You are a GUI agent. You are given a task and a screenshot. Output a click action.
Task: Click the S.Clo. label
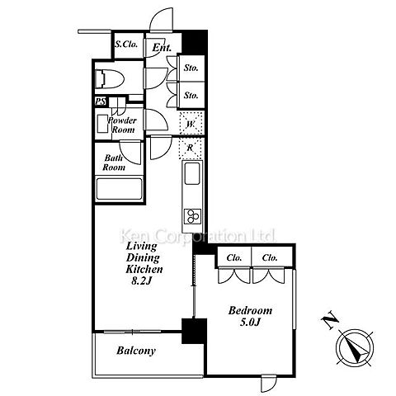126,45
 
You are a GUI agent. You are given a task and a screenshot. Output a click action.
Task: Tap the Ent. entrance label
162,48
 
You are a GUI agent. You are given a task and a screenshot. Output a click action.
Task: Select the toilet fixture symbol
110,79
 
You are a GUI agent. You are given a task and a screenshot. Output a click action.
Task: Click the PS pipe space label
101,101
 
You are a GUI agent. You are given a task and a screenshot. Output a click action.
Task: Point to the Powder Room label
122,125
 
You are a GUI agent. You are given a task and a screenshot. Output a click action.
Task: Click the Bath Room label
114,163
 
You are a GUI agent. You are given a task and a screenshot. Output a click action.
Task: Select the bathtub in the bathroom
119,189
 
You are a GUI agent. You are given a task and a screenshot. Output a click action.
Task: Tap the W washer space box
191,124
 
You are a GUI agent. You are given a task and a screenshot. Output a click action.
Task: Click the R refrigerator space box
191,148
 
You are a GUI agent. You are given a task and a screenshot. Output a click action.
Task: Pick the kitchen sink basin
192,173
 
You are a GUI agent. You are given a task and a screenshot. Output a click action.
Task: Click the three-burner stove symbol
192,216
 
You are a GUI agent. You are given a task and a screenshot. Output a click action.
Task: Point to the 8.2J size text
142,281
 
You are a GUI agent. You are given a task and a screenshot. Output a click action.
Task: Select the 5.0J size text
250,322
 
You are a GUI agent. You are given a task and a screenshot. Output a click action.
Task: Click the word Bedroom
250,310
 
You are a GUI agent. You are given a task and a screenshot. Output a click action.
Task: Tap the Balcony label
136,351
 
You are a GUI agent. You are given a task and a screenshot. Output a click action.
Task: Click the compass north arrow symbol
356,346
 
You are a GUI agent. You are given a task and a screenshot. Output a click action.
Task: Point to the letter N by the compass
330,321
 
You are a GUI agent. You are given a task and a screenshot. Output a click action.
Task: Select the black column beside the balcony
194,331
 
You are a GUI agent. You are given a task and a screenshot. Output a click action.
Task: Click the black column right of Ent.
194,42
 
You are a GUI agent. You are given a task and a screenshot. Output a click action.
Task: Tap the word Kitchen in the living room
144,269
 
